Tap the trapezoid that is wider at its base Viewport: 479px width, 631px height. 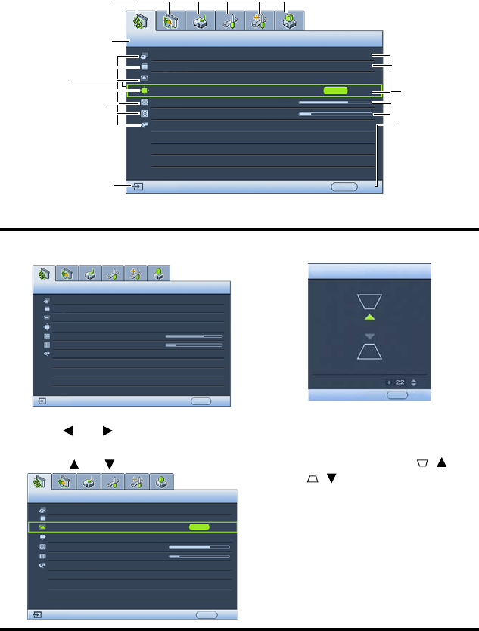click(369, 350)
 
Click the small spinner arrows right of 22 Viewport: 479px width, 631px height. click(412, 382)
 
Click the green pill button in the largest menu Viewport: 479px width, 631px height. click(334, 90)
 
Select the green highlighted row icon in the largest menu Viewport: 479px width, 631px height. click(144, 90)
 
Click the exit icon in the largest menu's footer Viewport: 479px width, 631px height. click(138, 187)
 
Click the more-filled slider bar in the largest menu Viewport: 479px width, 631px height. click(334, 101)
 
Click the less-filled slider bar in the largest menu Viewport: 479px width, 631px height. click(334, 113)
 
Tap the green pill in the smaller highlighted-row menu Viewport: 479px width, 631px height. click(199, 526)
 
